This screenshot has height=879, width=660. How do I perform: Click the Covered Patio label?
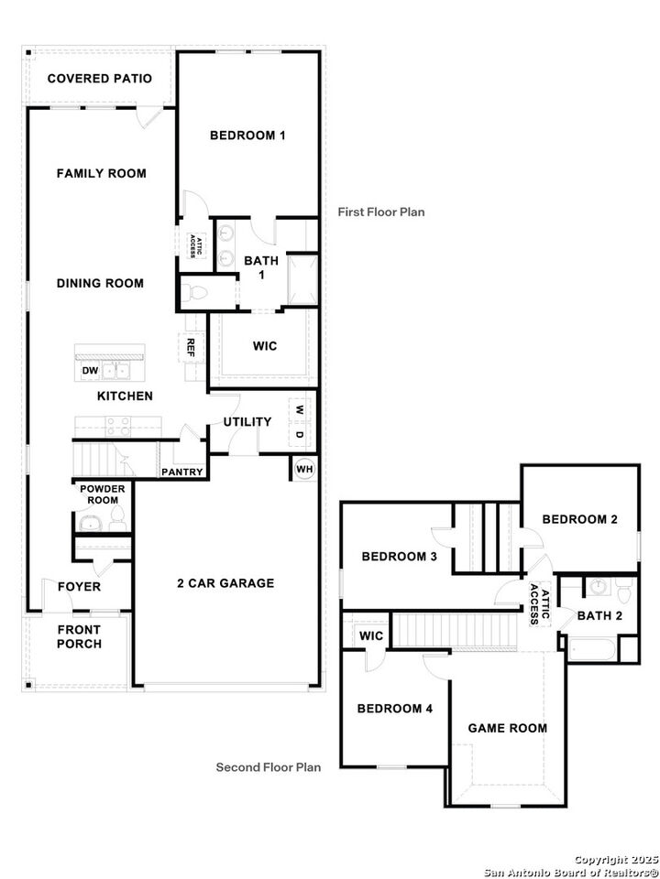click(x=100, y=79)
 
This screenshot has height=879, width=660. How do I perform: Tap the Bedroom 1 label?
click(x=247, y=136)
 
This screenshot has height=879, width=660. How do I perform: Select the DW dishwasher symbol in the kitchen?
click(x=90, y=371)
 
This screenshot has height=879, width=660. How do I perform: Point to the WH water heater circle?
click(x=304, y=469)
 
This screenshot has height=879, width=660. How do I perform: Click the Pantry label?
click(x=181, y=472)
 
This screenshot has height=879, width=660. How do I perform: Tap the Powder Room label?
click(x=101, y=495)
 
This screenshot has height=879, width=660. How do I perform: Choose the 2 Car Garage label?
click(x=225, y=583)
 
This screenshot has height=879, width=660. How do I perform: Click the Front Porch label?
click(x=79, y=636)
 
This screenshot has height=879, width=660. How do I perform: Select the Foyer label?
click(x=79, y=587)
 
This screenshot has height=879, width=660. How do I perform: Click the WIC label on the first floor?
click(x=264, y=346)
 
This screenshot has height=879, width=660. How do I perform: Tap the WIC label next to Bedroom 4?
click(x=371, y=635)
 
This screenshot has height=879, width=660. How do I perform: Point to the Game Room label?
click(x=507, y=728)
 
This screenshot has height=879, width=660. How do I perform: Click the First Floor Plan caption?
click(x=381, y=212)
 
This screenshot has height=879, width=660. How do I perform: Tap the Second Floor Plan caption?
click(x=268, y=767)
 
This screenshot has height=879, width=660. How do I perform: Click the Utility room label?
click(x=247, y=422)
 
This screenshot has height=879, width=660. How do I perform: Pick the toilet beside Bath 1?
click(x=194, y=293)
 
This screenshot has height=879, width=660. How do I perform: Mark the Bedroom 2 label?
click(x=579, y=519)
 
